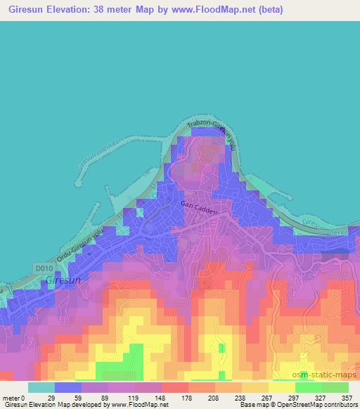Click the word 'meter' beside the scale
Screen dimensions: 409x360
click(x=11, y=397)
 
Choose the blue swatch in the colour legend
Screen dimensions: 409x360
click(x=67, y=387)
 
